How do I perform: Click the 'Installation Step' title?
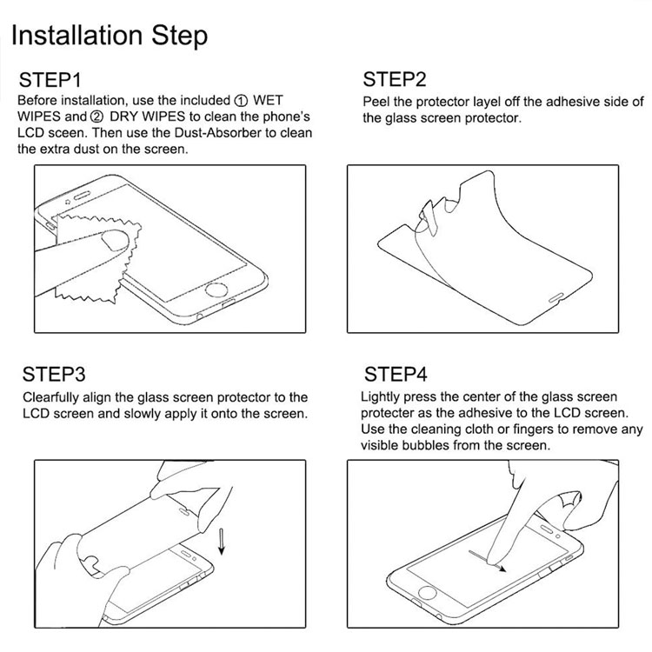click(110, 37)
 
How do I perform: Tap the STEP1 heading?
click(50, 80)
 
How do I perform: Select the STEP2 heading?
click(395, 79)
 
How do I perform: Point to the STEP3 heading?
click(54, 374)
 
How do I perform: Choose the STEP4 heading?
click(396, 374)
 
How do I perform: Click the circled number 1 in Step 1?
click(242, 101)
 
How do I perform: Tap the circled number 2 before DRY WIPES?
click(96, 117)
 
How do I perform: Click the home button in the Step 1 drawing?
click(216, 289)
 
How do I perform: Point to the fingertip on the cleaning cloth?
click(116, 240)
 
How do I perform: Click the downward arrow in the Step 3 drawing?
click(222, 542)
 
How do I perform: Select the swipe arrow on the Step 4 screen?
click(488, 562)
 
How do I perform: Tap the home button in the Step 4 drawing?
click(427, 593)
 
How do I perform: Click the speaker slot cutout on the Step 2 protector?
click(556, 297)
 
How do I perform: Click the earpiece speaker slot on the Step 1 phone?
click(82, 196)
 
